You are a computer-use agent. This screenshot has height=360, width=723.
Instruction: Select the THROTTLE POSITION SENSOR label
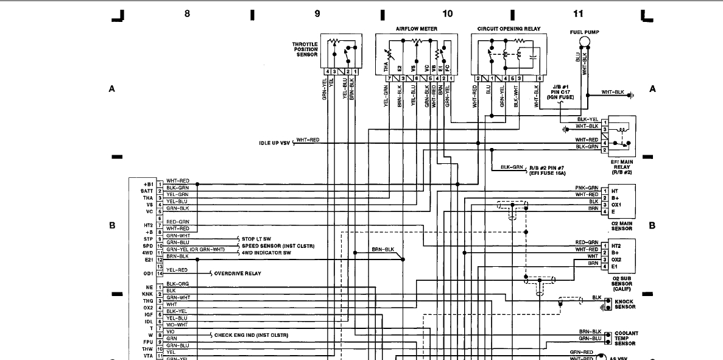[305, 49]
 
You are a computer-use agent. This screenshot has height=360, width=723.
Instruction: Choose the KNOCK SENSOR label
[625, 304]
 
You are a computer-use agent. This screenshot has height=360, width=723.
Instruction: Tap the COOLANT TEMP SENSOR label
[627, 338]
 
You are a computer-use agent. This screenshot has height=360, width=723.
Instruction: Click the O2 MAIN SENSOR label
[622, 227]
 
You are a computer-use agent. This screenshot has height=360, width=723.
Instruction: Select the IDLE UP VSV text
[275, 143]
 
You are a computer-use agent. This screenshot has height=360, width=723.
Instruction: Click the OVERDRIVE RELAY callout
[238, 274]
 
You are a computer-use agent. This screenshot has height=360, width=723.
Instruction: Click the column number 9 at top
[317, 13]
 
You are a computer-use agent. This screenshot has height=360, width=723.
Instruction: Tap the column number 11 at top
[578, 13]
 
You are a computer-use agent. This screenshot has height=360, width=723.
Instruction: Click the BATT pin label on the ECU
[146, 191]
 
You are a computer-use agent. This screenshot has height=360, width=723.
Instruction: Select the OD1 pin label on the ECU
[147, 274]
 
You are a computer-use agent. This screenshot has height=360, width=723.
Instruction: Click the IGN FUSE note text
[560, 97]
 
